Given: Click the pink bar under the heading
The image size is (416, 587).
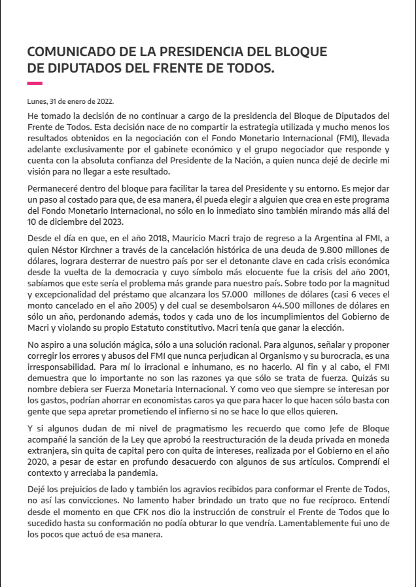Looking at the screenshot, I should pos(35,83).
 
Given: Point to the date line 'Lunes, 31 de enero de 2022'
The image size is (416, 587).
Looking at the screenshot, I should pos(71,101).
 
